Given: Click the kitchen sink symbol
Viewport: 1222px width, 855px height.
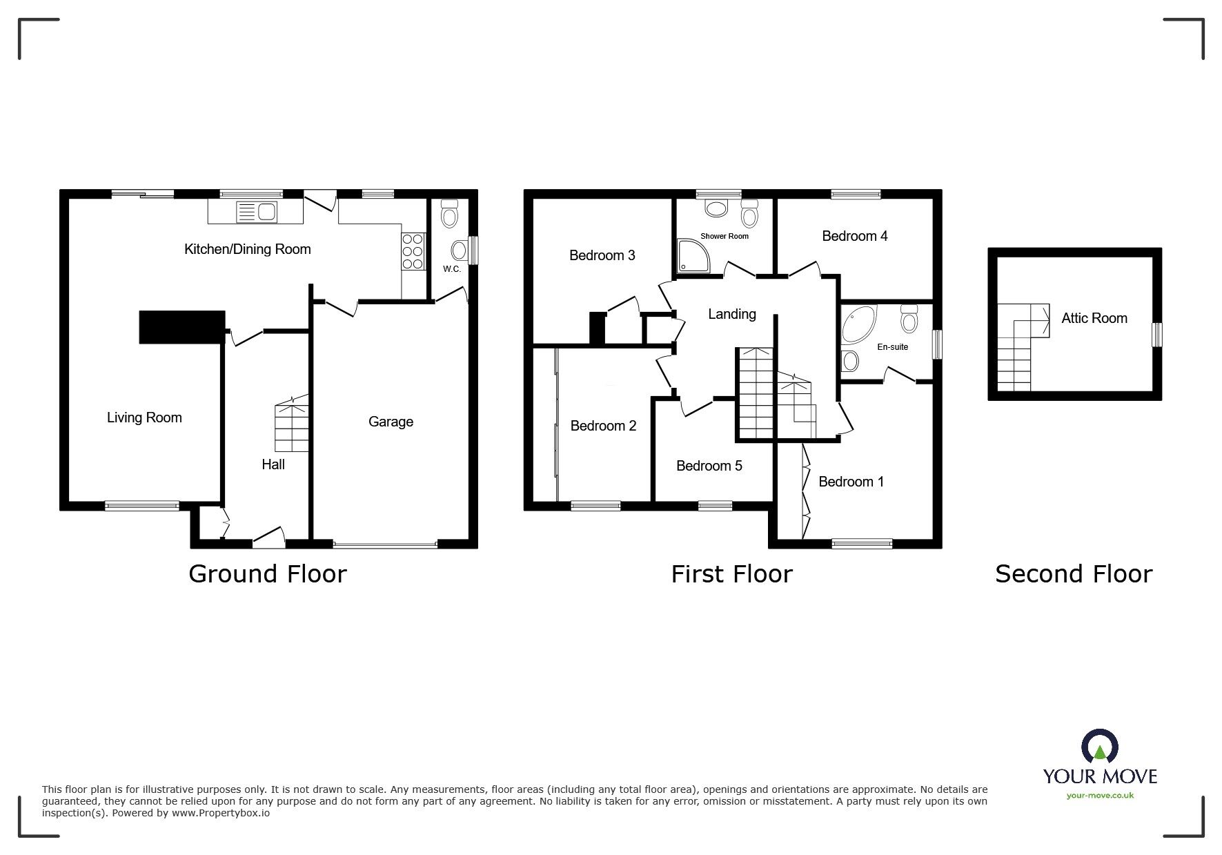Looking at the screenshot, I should click(255, 212).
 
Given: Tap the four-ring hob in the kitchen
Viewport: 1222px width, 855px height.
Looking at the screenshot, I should click(413, 251).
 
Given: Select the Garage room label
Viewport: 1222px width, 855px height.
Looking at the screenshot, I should click(391, 422).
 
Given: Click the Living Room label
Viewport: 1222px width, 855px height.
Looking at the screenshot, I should click(144, 417).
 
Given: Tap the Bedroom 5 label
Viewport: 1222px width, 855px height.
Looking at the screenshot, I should click(709, 466).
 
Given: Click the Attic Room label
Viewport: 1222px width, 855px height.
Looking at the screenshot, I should click(1094, 318).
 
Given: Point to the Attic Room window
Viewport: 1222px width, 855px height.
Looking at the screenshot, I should click(1157, 335).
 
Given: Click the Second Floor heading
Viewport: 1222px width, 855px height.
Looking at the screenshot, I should click(1073, 574).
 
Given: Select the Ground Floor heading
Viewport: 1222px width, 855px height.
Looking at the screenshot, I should click(267, 574).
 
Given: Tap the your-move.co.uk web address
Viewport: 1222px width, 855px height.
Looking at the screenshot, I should click(1100, 796).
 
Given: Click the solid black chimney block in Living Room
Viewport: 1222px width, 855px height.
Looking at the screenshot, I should click(182, 327).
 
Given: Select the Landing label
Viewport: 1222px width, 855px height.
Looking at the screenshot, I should click(731, 314).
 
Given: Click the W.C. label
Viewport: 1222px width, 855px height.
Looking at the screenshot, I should click(452, 269).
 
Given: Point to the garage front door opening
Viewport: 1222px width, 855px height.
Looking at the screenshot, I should click(385, 545).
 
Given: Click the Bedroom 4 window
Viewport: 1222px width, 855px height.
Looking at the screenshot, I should click(856, 195).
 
